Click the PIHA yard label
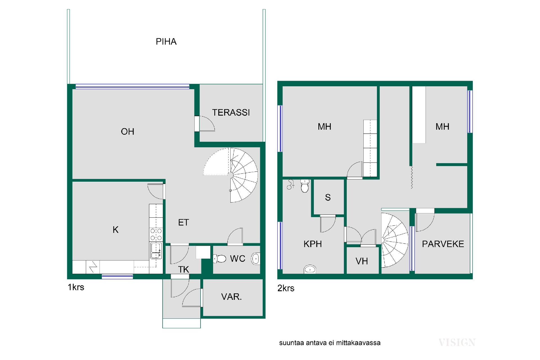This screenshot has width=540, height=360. pos(166,42)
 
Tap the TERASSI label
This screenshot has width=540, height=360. pos(231,112)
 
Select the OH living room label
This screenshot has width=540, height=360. pos(127,131)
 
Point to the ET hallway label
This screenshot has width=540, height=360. pos(183,222)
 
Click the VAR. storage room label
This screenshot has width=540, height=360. pos(231,297)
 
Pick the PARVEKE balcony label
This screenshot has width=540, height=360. pos(443,244)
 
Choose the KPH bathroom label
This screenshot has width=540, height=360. pos(312,244)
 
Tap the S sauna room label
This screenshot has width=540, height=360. pos(328,197)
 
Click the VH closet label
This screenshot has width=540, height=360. pos(362,261)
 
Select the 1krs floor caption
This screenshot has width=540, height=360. pos(76,287)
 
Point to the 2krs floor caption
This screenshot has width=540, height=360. pos(286,288)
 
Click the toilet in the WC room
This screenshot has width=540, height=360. pos(220,258)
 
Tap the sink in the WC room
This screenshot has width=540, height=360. pos(255,259)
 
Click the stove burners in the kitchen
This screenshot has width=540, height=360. pos(156,235)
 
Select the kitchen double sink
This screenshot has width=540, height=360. pos(156,251)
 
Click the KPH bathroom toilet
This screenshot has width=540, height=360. pos(305,186)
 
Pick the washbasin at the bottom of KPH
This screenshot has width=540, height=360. pos(310,269)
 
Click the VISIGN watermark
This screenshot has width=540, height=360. pos(457,343)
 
